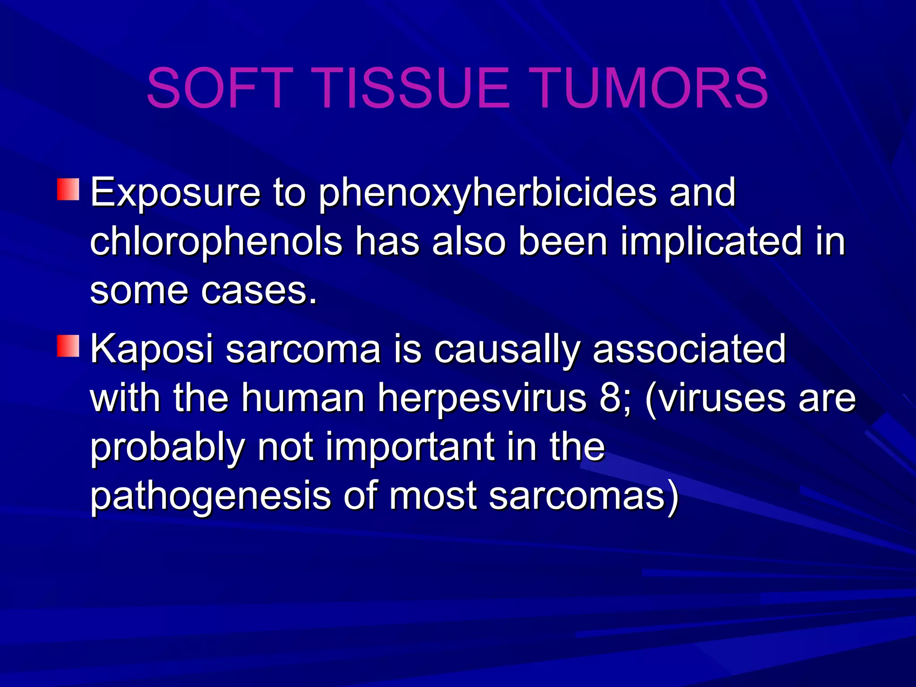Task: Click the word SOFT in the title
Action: click(220, 88)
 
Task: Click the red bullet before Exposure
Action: click(68, 190)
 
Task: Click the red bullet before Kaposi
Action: click(68, 346)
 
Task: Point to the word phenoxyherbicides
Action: click(488, 193)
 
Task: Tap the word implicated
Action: click(711, 242)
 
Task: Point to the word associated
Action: click(689, 349)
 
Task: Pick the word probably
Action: click(168, 448)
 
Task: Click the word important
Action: click(409, 447)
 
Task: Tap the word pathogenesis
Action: click(210, 496)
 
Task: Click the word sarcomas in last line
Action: click(577, 496)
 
